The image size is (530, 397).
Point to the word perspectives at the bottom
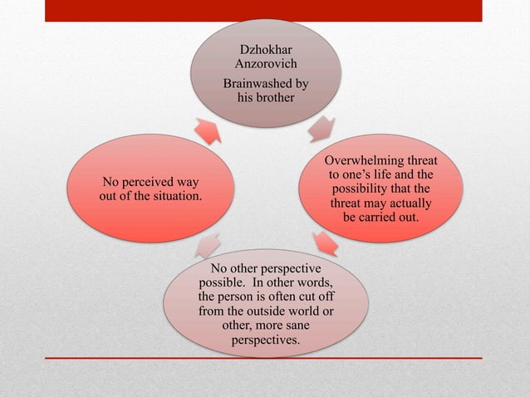click(x=266, y=340)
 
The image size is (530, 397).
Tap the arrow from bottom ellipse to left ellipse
click(x=208, y=244)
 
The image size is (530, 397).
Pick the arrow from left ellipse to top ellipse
click(x=208, y=130)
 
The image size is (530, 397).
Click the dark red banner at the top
click(x=264, y=11)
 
